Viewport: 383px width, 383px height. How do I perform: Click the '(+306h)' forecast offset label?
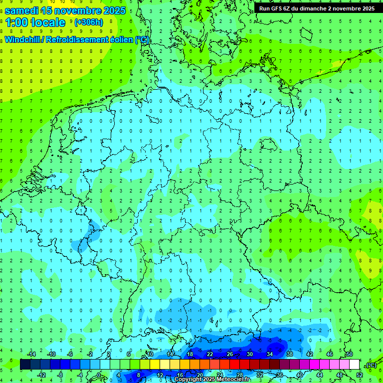pyautogui.click(x=88, y=22)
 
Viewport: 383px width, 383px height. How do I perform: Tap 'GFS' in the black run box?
pyautogui.click(x=282, y=8)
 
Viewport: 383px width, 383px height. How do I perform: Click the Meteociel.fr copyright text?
pyautogui.click(x=212, y=380)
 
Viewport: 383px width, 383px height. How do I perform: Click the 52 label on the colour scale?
pyautogui.click(x=360, y=375)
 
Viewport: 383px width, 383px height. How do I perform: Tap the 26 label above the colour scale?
pyautogui.click(x=230, y=354)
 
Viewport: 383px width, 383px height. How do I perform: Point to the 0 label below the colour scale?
pyautogui.click(x=99, y=375)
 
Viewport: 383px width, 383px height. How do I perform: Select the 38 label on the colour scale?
pyautogui.click(x=289, y=354)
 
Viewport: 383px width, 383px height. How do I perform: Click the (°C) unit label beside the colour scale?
pyautogui.click(x=371, y=365)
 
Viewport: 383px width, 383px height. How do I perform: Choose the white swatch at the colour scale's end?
pyautogui.click(x=354, y=365)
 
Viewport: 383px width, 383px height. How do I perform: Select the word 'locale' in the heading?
pyautogui.click(x=48, y=22)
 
